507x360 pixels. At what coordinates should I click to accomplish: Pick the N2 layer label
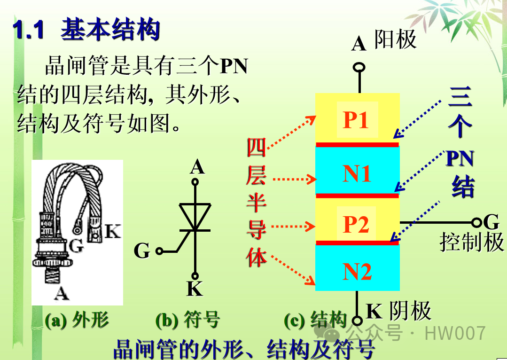pyautogui.click(x=357, y=272)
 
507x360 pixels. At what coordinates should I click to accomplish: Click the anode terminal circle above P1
pyautogui.click(x=359, y=68)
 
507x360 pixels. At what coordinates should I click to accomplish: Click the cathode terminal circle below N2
pyautogui.click(x=357, y=321)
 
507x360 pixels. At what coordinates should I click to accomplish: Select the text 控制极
pyautogui.click(x=471, y=243)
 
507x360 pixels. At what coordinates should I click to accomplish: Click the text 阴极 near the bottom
pyautogui.click(x=410, y=311)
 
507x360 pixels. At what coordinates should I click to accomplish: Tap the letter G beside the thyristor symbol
pyautogui.click(x=142, y=251)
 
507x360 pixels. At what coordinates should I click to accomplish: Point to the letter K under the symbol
pyautogui.click(x=195, y=289)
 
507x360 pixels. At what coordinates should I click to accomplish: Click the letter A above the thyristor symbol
pyautogui.click(x=197, y=167)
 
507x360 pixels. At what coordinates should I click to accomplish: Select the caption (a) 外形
pyautogui.click(x=77, y=320)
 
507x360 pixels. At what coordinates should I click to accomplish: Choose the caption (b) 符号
pyautogui.click(x=187, y=320)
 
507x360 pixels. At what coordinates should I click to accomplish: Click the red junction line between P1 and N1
pyautogui.click(x=357, y=144)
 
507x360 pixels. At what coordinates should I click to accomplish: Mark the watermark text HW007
pyautogui.click(x=454, y=333)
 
